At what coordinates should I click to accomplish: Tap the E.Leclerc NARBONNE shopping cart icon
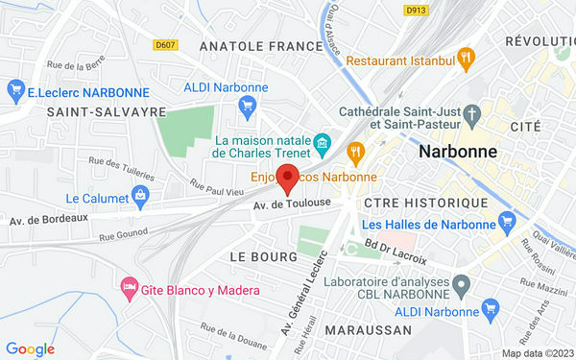14,92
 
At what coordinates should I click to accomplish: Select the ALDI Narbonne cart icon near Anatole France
248,106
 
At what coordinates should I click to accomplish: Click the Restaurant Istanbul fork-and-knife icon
466,59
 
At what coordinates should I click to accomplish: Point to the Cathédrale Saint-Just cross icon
472,115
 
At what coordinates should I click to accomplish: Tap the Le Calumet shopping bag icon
142,198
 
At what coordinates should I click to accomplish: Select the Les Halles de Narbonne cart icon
511,226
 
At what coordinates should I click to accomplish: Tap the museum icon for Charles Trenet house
322,146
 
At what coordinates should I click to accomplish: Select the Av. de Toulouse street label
292,204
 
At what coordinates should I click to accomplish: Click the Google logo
30,349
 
